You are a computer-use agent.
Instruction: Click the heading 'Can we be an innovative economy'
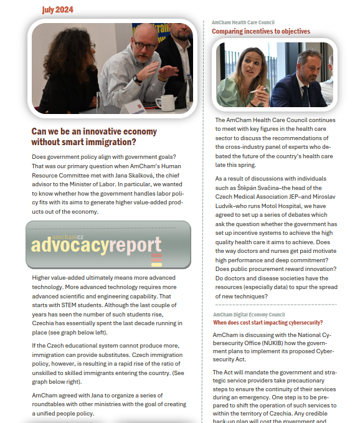click(94, 131)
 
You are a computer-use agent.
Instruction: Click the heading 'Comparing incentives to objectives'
click(260, 31)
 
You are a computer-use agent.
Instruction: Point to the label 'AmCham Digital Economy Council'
click(249, 315)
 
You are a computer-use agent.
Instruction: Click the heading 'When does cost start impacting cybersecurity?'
click(268, 323)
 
